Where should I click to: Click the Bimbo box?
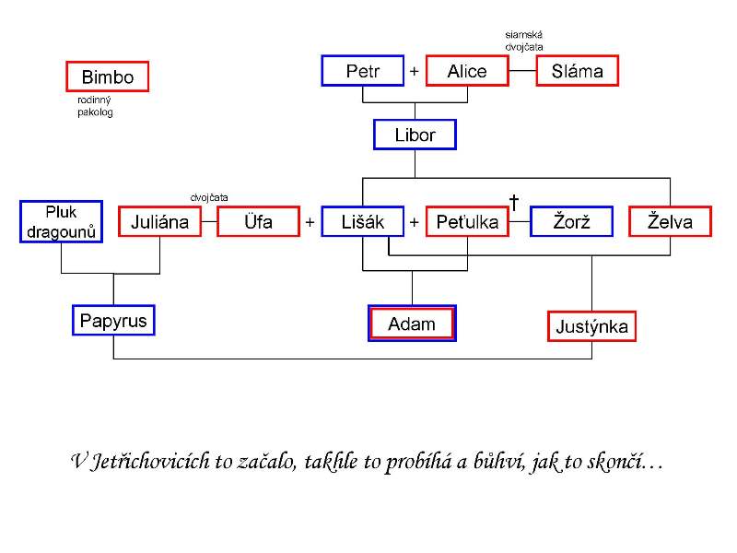[108, 76]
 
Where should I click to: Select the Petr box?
[363, 71]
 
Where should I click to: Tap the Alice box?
[467, 71]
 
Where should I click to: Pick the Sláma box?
[578, 71]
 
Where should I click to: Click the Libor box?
[415, 135]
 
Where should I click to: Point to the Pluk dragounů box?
[61, 221]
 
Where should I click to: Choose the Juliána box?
[159, 221]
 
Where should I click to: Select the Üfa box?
[259, 221]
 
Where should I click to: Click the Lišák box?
[363, 221]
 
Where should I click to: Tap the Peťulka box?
[467, 221]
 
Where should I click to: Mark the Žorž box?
[571, 221]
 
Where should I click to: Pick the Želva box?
[671, 221]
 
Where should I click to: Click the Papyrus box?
[113, 320]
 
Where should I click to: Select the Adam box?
[412, 324]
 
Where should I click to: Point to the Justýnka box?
[591, 326]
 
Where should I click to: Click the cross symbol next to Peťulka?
[514, 202]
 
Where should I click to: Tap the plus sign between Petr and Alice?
[414, 71]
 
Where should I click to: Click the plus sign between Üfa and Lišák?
[310, 222]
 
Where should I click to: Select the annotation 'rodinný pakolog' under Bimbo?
[95, 106]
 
